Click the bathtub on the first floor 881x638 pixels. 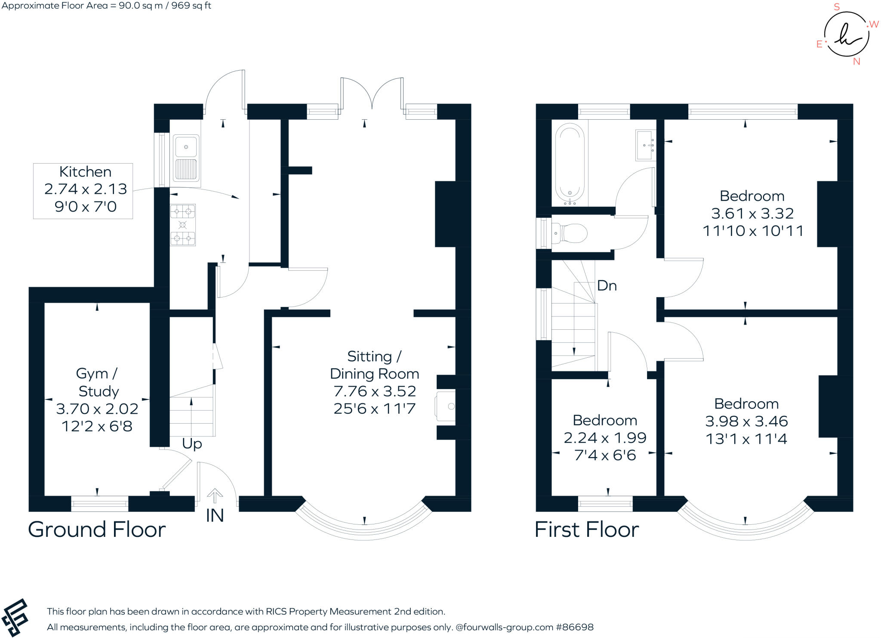click(x=570, y=163)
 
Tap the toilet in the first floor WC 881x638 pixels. click(x=570, y=234)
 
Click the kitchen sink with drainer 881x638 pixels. click(x=186, y=158)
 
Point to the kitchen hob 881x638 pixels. click(x=183, y=225)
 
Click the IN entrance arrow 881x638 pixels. click(x=215, y=496)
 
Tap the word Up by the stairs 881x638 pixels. click(x=192, y=444)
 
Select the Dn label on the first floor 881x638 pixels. click(x=607, y=285)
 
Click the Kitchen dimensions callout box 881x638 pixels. click(x=83, y=191)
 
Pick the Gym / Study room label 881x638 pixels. click(x=98, y=382)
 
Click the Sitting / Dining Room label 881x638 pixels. click(x=374, y=365)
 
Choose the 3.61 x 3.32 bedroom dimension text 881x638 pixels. click(x=752, y=214)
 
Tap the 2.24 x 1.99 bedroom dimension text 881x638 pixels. click(x=605, y=438)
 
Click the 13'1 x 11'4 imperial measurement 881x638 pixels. click(x=746, y=439)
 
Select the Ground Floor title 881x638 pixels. click(x=97, y=530)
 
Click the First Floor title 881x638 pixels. click(x=587, y=530)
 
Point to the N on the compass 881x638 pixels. click(x=856, y=62)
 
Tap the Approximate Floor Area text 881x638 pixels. click(x=106, y=6)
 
